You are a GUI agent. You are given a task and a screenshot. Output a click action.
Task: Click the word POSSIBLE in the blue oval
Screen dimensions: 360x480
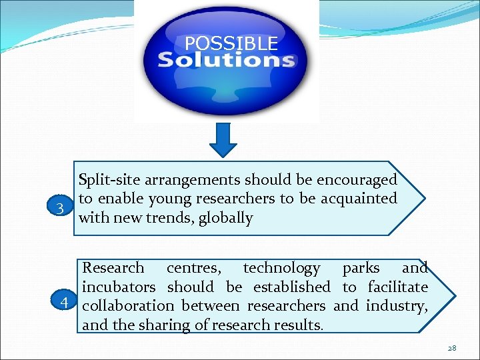coord(231,44)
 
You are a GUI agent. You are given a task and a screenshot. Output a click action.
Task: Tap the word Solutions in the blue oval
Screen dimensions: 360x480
coord(226,61)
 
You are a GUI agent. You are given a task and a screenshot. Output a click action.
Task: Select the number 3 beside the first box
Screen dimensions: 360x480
coord(60,208)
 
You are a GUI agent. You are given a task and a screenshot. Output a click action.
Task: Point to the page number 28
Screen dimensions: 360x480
coord(451,348)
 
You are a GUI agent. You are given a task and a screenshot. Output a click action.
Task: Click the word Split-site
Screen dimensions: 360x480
coord(108,179)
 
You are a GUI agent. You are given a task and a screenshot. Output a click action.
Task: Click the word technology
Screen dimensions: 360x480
coord(281,268)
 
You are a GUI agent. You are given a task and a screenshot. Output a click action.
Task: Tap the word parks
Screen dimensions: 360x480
coord(360,268)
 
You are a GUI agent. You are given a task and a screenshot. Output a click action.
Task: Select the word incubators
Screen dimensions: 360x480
coord(119,287)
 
